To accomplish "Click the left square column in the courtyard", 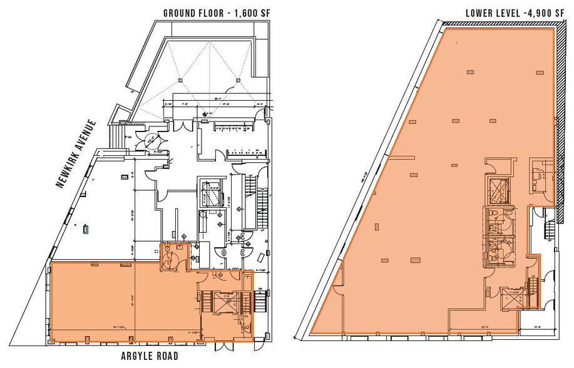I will (x=180, y=79).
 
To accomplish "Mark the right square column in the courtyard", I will (x=238, y=79).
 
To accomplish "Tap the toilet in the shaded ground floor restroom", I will (x=178, y=248).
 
